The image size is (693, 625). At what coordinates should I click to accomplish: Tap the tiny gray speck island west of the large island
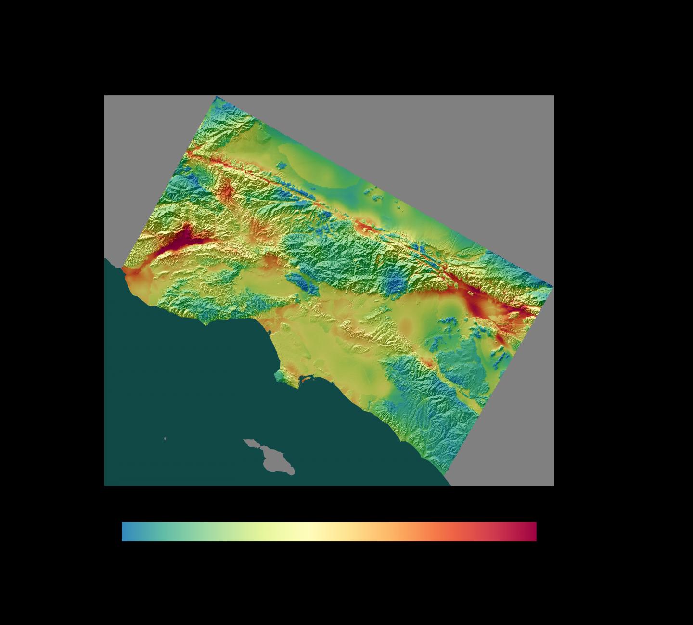(165, 438)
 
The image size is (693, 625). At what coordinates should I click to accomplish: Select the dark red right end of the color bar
(532, 531)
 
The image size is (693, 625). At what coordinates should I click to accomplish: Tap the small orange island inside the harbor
(305, 382)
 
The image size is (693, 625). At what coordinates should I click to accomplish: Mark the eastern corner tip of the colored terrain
(552, 287)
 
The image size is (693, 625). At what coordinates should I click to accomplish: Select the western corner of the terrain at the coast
(123, 268)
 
